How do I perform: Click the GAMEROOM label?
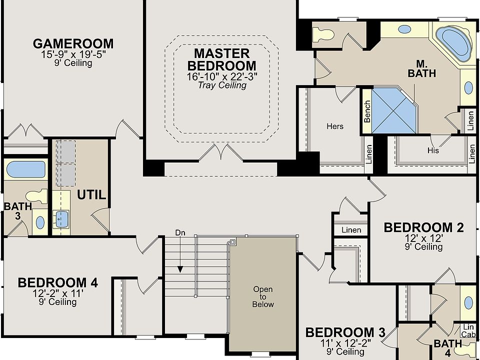tap(73, 44)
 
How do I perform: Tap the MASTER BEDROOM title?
tap(222, 59)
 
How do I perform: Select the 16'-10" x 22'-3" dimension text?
tap(222, 76)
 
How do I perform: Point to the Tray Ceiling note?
tap(222, 85)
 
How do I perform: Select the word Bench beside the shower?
tap(367, 111)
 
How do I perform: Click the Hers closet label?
tap(335, 126)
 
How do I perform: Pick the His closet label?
tap(433, 150)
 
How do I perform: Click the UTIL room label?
tap(91, 194)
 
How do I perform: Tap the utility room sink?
tap(60, 219)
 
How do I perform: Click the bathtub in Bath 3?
tap(25, 169)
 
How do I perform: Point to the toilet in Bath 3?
tap(36, 196)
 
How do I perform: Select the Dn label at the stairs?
tap(180, 232)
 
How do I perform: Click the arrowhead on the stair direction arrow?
tap(180, 269)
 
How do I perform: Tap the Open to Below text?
tap(263, 296)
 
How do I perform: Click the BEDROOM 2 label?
tap(423, 228)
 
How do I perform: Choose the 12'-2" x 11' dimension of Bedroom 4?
tap(58, 293)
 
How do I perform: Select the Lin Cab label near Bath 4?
tap(468, 331)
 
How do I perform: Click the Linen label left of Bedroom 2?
tap(351, 230)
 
